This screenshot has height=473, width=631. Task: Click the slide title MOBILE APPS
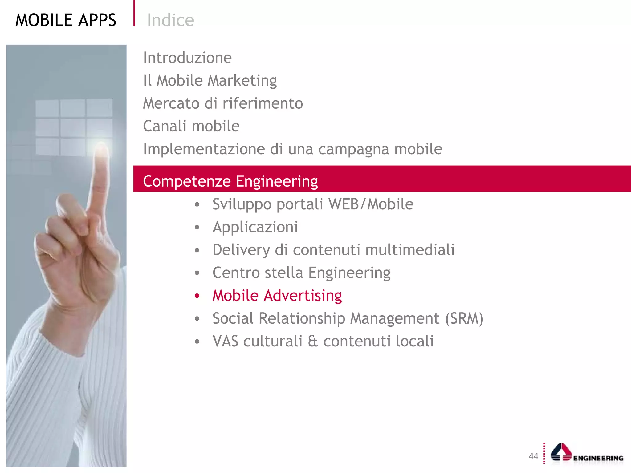(x=66, y=20)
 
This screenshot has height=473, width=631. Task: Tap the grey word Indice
(x=170, y=20)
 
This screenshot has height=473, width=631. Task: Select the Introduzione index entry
(x=187, y=58)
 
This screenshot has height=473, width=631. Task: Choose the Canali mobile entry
(x=191, y=126)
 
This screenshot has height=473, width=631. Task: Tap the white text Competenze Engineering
(x=230, y=181)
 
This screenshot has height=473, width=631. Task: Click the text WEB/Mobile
(x=371, y=204)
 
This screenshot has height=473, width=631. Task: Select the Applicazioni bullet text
(x=255, y=227)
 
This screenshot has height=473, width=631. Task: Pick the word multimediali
(x=410, y=250)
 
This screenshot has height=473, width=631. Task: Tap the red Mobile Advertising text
(x=277, y=296)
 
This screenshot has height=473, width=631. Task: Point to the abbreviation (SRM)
(x=464, y=318)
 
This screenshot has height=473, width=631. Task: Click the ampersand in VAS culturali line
(x=312, y=341)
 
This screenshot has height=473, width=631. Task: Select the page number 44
(x=533, y=456)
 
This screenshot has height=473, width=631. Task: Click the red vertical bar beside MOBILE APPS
(x=134, y=13)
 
